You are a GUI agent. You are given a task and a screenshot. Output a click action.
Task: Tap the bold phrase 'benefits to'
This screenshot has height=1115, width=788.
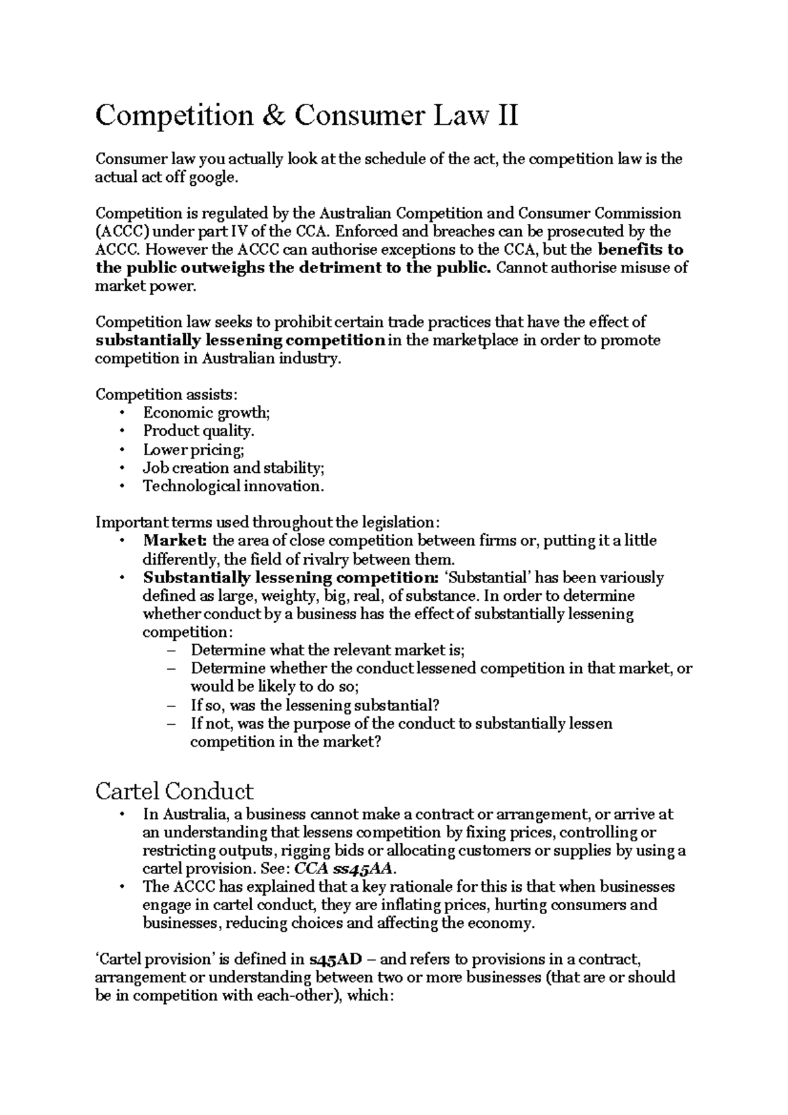pos(642,250)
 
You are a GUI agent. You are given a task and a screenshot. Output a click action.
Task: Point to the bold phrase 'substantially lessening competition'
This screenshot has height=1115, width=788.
pos(240,340)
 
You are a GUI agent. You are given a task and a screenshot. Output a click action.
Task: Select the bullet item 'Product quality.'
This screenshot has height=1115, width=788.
pos(198,431)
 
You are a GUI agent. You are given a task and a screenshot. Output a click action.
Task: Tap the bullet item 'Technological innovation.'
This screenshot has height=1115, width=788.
pos(234,487)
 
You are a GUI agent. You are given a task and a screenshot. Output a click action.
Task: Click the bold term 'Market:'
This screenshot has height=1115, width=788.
pos(175,541)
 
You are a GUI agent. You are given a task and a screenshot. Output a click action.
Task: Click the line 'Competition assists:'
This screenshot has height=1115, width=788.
pos(167,395)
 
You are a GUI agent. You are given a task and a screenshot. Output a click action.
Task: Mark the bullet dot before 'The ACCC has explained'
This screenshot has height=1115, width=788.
pos(121,887)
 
